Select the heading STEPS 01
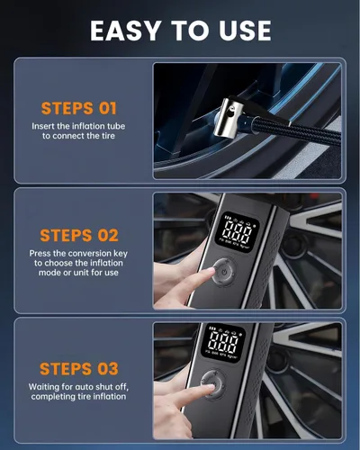pyautogui.click(x=78, y=108)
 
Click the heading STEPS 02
pyautogui.click(x=79, y=236)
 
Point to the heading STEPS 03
pyautogui.click(x=79, y=369)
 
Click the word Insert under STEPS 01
pyautogui.click(x=43, y=126)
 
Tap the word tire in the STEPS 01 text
pyautogui.click(x=108, y=136)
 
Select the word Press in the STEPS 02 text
pyautogui.click(x=40, y=254)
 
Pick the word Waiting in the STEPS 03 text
pyautogui.click(x=44, y=387)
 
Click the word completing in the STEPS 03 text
pyautogui.click(x=51, y=397)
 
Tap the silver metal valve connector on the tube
pyautogui.click(x=229, y=119)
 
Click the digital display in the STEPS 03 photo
pyautogui.click(x=223, y=342)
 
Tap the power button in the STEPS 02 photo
pyautogui.click(x=223, y=273)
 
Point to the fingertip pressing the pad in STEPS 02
pyautogui.click(x=209, y=272)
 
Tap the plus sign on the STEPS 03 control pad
pyautogui.click(x=215, y=373)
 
